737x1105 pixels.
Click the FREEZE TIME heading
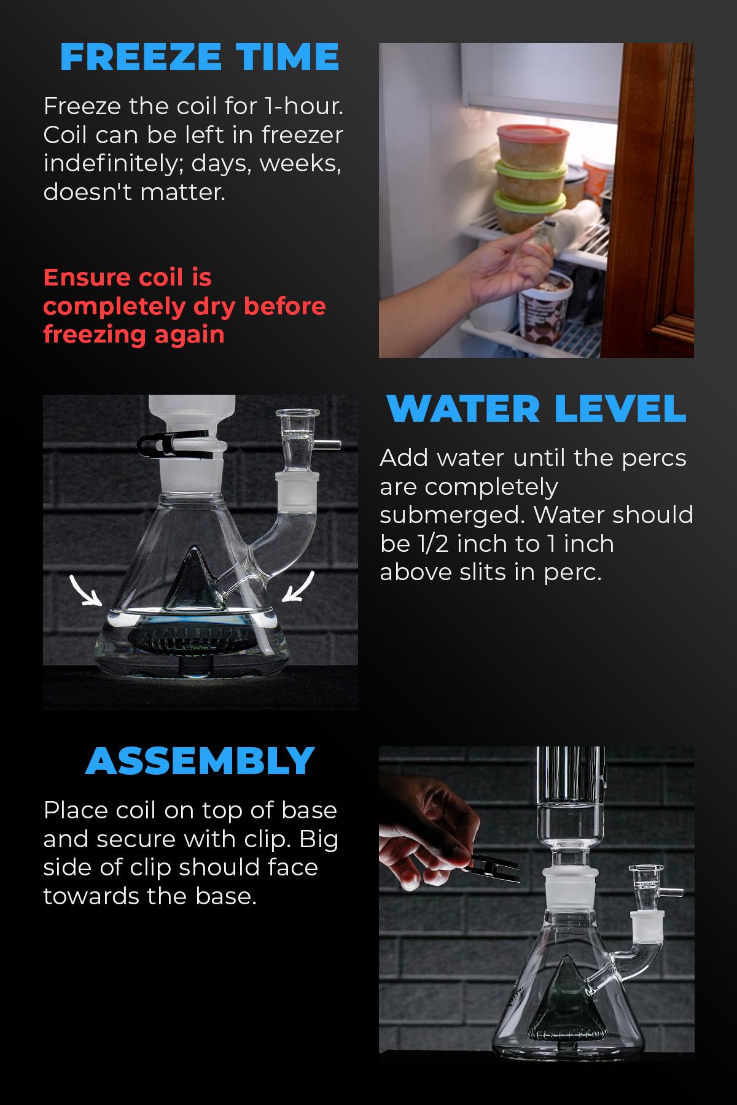click(200, 57)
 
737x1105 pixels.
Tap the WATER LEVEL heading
click(536, 408)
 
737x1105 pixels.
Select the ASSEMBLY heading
click(200, 761)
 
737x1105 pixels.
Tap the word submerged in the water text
click(451, 516)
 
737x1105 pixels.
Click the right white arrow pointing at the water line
click(299, 587)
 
